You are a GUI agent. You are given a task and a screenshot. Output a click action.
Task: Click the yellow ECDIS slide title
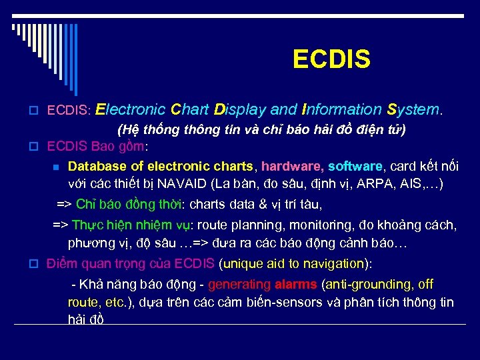point(331,60)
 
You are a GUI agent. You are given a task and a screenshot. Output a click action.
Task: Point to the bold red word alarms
point(295,285)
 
